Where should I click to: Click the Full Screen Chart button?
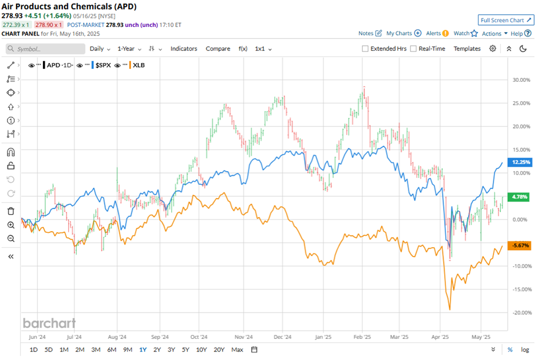(x=506, y=20)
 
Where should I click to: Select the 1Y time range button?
(x=142, y=350)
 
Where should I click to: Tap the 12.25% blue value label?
(x=519, y=162)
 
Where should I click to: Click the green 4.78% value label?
(x=519, y=197)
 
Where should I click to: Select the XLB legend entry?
(x=138, y=65)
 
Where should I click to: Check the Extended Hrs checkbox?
(x=365, y=49)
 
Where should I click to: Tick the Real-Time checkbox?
(x=414, y=49)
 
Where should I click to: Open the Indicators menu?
(x=183, y=49)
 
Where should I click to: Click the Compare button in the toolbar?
(x=218, y=49)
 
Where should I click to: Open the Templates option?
(x=467, y=49)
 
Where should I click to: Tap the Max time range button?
(x=238, y=350)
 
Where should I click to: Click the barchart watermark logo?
(x=49, y=323)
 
